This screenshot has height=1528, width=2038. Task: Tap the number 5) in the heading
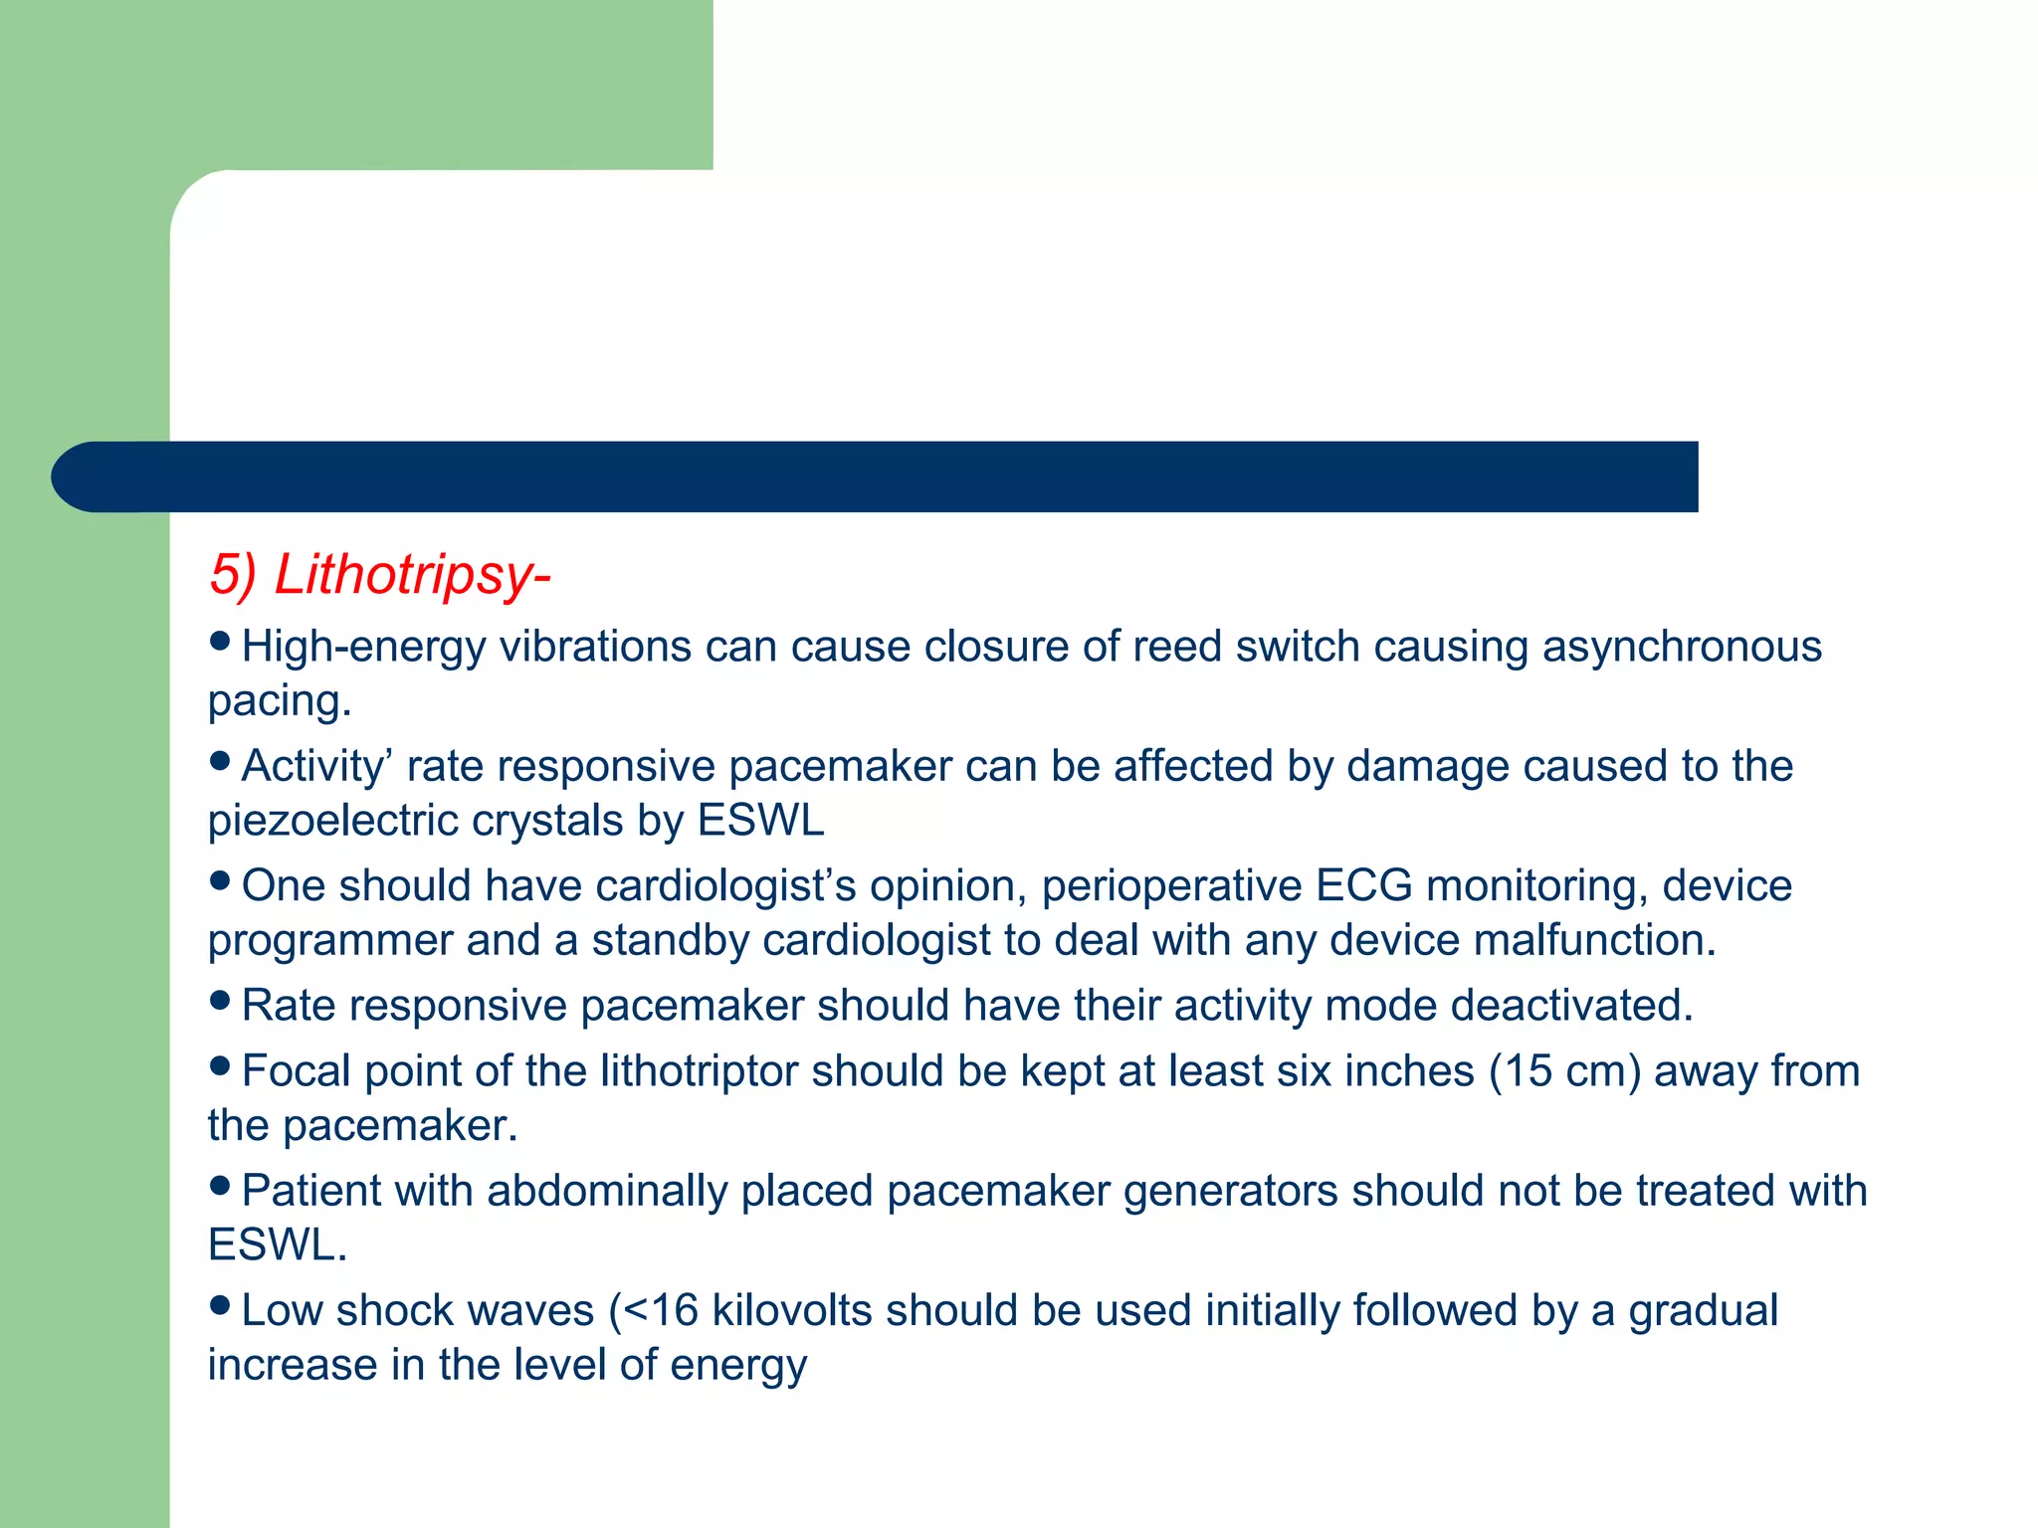[233, 575]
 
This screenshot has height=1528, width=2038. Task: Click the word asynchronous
[1682, 647]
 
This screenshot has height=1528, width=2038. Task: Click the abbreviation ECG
[1363, 885]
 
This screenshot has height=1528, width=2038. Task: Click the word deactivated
[1571, 1005]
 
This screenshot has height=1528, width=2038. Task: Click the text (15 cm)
[1564, 1071]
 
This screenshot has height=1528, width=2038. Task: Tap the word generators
[1230, 1191]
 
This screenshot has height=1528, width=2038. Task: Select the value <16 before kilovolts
[661, 1310]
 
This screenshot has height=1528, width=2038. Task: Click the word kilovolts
[792, 1310]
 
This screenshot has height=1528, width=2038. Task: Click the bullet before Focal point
[221, 1066]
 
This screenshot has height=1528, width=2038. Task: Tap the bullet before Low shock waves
[221, 1305]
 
